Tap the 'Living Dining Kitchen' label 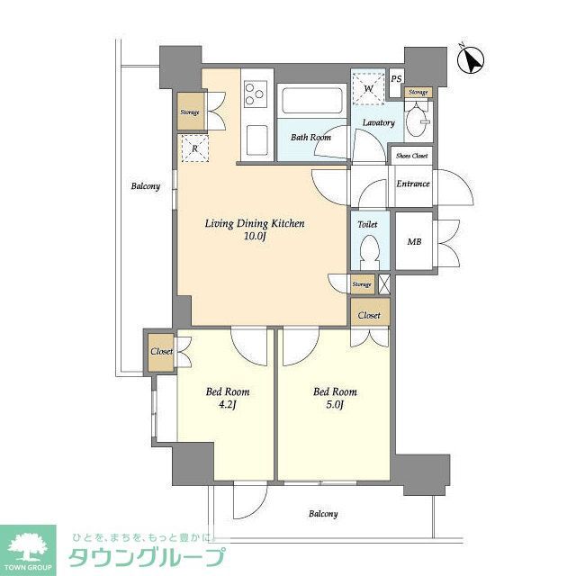click(x=255, y=222)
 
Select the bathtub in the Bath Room click(x=310, y=101)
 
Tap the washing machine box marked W click(x=367, y=87)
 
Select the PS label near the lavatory click(x=396, y=77)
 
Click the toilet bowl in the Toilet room click(x=367, y=251)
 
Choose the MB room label click(x=413, y=242)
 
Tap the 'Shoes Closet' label click(x=412, y=156)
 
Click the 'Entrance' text click(x=413, y=184)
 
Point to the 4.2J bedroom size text click(x=228, y=406)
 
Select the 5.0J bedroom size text click(x=335, y=406)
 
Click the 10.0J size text click(x=255, y=237)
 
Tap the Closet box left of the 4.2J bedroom click(x=162, y=352)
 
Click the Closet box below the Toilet click(x=369, y=316)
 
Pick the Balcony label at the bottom click(x=324, y=514)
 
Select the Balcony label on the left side click(x=145, y=186)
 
